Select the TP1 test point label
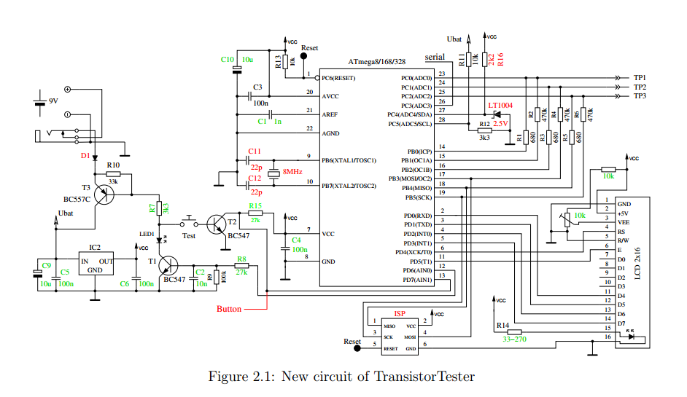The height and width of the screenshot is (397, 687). pyautogui.click(x=640, y=77)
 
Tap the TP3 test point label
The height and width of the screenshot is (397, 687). pyautogui.click(x=640, y=95)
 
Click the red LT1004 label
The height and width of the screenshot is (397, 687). pyautogui.click(x=500, y=106)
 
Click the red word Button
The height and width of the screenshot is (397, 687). pyautogui.click(x=229, y=309)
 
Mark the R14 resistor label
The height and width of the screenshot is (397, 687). pyautogui.click(x=502, y=325)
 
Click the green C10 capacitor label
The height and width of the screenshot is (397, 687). pyautogui.click(x=227, y=59)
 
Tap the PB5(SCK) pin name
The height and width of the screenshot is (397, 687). pyautogui.click(x=417, y=197)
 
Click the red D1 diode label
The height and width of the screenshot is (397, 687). pyautogui.click(x=85, y=155)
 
